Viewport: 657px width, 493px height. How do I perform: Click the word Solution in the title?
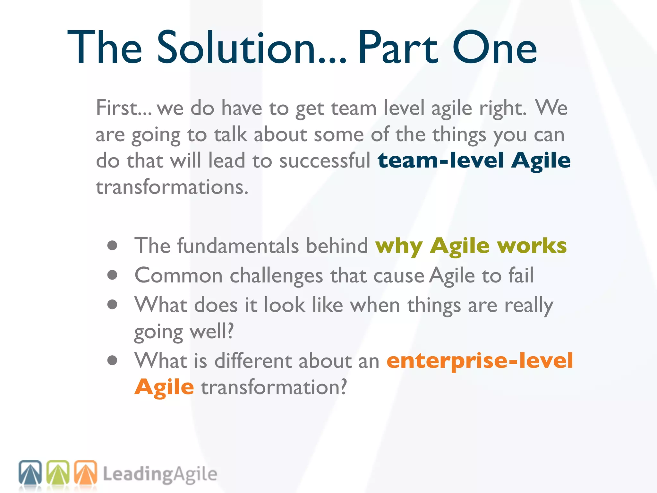tap(236, 48)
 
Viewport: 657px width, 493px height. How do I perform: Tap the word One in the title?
tap(495, 48)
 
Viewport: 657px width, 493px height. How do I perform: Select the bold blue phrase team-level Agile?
tap(474, 160)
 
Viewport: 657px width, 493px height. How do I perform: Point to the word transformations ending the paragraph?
tap(172, 187)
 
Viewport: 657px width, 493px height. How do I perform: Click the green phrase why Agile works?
tap(471, 246)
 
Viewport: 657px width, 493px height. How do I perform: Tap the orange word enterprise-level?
tap(480, 361)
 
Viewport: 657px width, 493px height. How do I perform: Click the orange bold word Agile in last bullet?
tap(164, 387)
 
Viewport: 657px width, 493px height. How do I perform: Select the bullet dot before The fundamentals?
tap(112, 246)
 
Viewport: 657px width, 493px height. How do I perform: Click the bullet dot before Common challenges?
tap(112, 275)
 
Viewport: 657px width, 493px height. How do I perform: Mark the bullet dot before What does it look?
tap(112, 304)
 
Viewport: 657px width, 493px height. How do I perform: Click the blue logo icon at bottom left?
tap(30, 472)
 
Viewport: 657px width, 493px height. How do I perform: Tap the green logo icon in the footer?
tap(58, 472)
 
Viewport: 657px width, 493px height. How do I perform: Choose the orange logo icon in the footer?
tap(86, 472)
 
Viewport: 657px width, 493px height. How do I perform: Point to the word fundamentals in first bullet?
tap(238, 246)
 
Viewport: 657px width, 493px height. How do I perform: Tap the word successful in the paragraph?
tap(325, 160)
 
